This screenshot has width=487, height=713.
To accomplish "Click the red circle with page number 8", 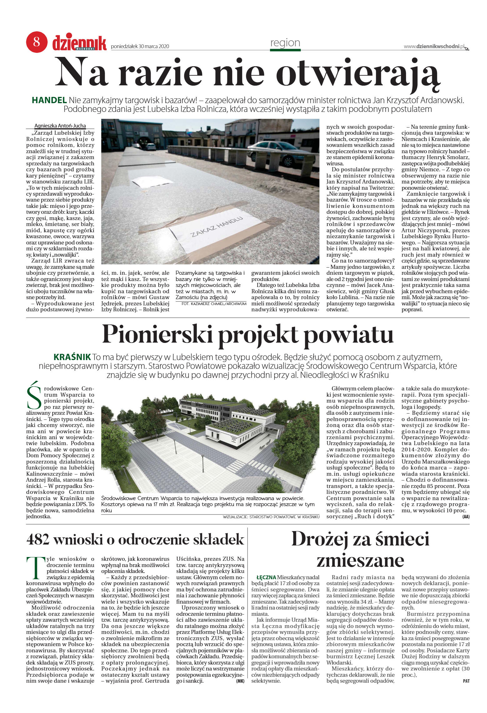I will (37, 42).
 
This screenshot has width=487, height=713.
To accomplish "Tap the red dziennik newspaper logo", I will (79, 43).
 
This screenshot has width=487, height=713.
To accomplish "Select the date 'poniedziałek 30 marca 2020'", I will (140, 47).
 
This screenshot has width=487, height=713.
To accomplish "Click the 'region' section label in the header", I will (285, 43).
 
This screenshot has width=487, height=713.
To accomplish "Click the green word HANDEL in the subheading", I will (49, 100).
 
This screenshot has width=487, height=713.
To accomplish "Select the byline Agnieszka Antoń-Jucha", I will (60, 126).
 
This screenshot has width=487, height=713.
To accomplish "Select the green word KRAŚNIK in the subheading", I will (72, 357).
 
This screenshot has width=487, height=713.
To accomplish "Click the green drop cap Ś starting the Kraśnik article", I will (34, 395).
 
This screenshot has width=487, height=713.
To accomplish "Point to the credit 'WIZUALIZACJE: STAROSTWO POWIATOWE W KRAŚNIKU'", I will (271, 517).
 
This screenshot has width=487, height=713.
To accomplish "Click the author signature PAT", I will (466, 681).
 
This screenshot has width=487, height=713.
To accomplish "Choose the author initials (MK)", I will (240, 681).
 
